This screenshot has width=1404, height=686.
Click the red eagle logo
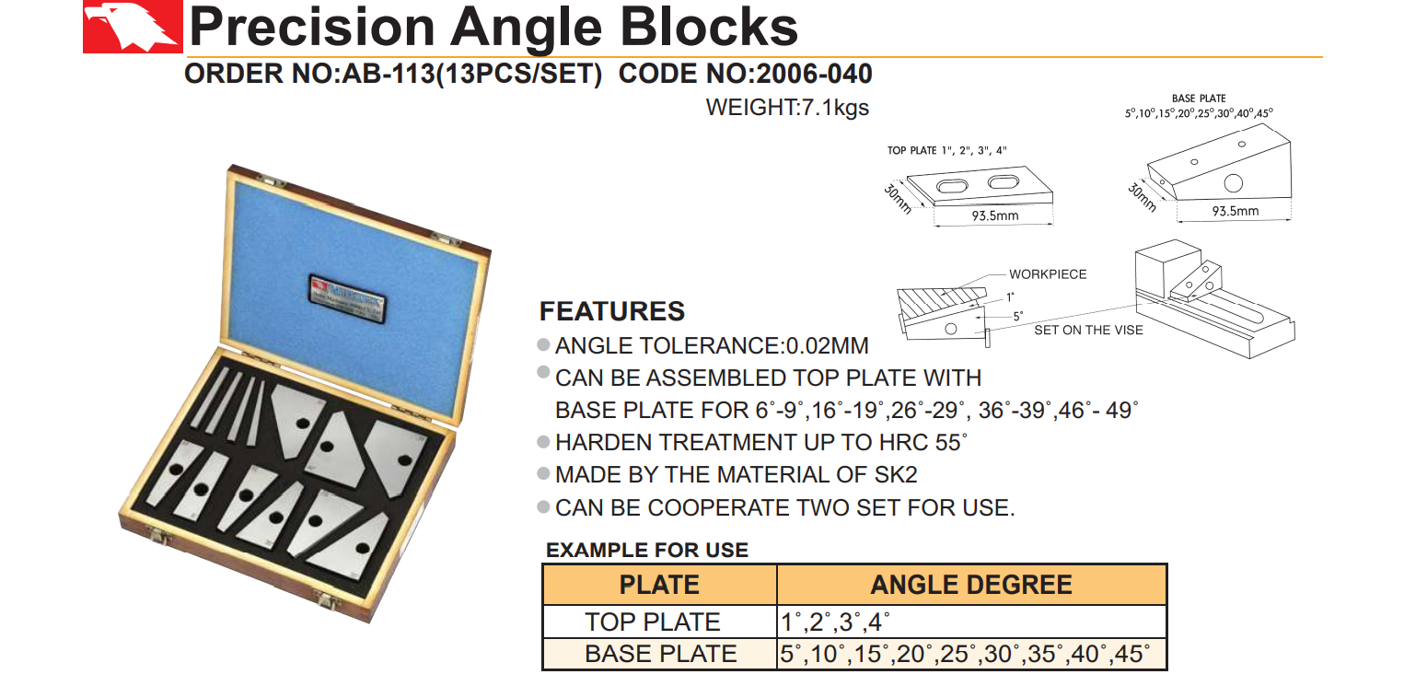click(x=133, y=27)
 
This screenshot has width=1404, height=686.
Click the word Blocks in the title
click(x=709, y=28)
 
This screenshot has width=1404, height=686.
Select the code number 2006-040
click(x=814, y=74)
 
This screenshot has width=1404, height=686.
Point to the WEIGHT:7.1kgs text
click(x=787, y=108)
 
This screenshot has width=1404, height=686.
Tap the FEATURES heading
click(x=612, y=311)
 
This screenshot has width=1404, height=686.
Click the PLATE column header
click(x=659, y=585)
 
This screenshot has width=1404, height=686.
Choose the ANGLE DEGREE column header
click(x=971, y=585)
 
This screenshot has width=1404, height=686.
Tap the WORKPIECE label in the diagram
click(x=1048, y=274)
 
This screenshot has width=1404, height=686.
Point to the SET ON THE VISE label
click(x=1089, y=330)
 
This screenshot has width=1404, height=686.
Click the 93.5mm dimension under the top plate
click(x=995, y=215)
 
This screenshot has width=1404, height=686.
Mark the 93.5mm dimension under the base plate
click(x=1236, y=211)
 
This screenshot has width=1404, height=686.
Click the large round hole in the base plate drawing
click(x=1234, y=183)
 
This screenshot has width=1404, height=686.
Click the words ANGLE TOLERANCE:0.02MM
click(x=712, y=345)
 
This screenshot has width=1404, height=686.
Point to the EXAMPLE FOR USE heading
click(x=647, y=550)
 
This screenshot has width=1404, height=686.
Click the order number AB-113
click(x=389, y=74)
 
